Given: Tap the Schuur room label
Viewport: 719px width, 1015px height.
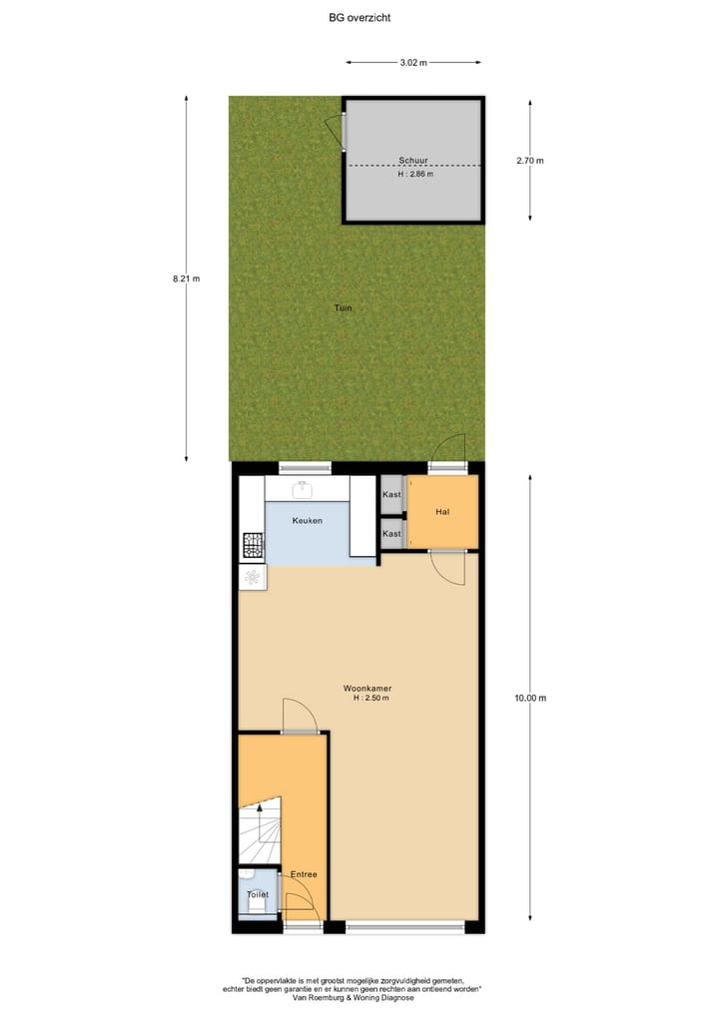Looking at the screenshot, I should point(413,160).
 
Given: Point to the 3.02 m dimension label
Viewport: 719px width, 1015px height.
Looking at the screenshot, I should point(413,63).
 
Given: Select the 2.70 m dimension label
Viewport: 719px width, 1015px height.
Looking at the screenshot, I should point(530,160).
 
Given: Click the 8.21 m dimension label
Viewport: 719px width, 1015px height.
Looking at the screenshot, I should point(187,278).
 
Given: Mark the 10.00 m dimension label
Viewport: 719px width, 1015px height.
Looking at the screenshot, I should point(530,699).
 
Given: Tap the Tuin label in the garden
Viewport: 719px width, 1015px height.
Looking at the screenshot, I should point(343,307).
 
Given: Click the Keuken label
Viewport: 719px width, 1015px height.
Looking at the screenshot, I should point(307,521).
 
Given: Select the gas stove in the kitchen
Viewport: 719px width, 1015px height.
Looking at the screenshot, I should point(252,545).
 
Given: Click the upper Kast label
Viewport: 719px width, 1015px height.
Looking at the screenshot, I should point(391,495).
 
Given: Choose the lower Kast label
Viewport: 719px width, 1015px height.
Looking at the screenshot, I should point(391,534).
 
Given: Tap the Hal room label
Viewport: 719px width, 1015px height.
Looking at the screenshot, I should point(443,512).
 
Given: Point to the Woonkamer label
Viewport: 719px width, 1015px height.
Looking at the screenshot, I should point(366,688).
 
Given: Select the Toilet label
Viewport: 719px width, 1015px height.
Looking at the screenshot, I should point(258,894).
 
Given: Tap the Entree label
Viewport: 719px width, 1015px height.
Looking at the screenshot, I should point(304,874).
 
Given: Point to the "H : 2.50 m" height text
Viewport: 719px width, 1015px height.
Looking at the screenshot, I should point(370,699).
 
